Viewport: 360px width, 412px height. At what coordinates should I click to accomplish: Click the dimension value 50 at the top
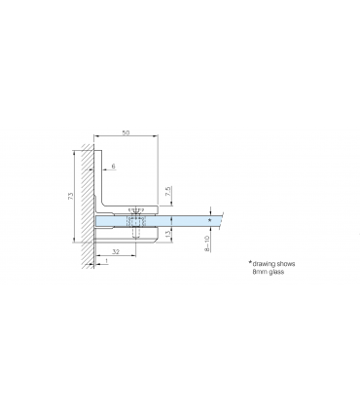coord(126,131)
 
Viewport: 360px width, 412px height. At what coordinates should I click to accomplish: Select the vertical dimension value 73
coord(70,198)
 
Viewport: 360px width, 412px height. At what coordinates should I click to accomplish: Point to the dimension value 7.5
coord(168,192)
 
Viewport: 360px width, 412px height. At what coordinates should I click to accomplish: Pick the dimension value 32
coord(116,251)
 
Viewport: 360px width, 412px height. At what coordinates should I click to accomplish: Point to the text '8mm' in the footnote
coord(260,275)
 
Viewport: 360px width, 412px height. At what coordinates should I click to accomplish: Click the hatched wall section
coord(85,205)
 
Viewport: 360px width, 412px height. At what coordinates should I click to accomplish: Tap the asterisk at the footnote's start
coord(249,263)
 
